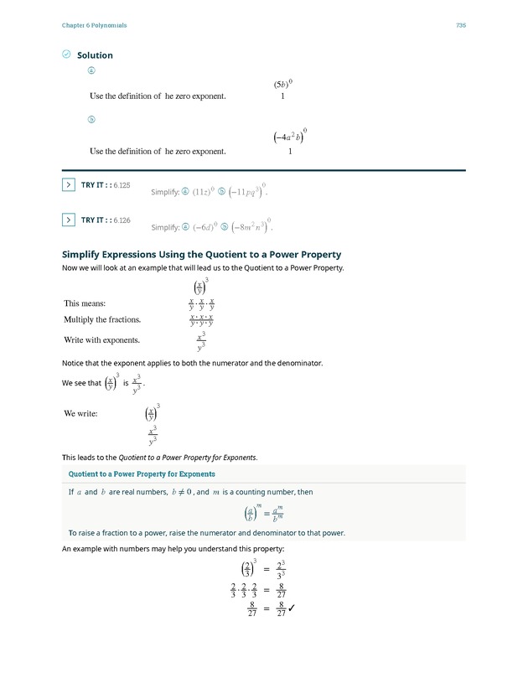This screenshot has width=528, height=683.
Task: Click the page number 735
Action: click(460, 26)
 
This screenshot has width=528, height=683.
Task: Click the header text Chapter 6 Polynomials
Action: click(94, 26)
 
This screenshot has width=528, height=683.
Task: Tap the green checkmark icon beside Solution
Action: click(66, 55)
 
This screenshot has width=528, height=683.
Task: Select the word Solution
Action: click(95, 55)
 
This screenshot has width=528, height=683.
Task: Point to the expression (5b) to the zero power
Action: click(282, 84)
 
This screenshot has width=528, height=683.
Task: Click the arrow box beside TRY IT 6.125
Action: click(69, 185)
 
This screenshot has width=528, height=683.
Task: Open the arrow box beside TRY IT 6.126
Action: click(69, 220)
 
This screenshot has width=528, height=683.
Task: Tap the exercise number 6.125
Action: click(122, 185)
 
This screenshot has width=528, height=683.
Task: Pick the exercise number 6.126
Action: click(122, 220)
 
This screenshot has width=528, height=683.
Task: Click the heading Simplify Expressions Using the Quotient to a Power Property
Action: click(202, 254)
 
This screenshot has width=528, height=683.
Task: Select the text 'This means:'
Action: click(85, 303)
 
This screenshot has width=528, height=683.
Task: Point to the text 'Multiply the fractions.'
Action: click(102, 320)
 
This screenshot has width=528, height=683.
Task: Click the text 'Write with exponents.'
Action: click(101, 340)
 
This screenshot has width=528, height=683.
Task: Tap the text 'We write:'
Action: click(80, 413)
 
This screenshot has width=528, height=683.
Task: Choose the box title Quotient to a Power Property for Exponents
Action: click(141, 474)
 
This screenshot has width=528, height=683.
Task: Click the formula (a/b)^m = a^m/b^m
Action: click(263, 513)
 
